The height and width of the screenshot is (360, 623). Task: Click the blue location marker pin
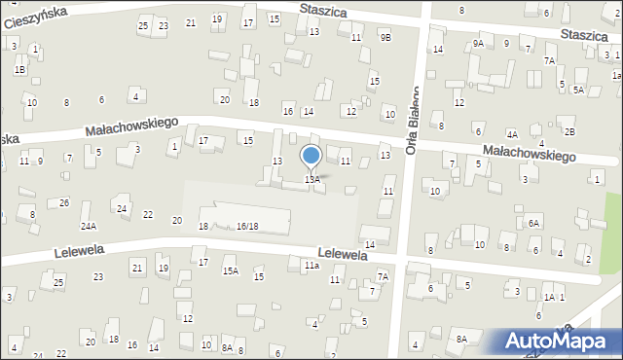coord(311,156)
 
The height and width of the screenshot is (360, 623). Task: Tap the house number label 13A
coord(311,180)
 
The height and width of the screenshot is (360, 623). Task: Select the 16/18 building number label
coord(247,226)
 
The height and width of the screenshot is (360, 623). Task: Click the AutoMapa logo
coord(560,342)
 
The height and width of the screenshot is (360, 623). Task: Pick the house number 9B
coord(385,37)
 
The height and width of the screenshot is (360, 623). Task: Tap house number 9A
coord(478,44)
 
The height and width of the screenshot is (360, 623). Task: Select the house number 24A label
coord(89,226)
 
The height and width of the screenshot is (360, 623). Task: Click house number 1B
coord(19,70)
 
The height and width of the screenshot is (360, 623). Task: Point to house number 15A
coord(230,271)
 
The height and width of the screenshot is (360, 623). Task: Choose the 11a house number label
coord(311,265)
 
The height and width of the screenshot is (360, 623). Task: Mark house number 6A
coord(533,223)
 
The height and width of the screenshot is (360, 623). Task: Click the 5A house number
coord(578,90)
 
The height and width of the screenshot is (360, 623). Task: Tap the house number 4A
coord(512,134)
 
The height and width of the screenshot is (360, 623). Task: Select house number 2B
coord(570,131)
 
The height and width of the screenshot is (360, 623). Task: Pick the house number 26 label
coord(64,202)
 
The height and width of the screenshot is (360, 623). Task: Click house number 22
coord(148,215)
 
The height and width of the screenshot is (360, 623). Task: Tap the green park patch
coord(612,219)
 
